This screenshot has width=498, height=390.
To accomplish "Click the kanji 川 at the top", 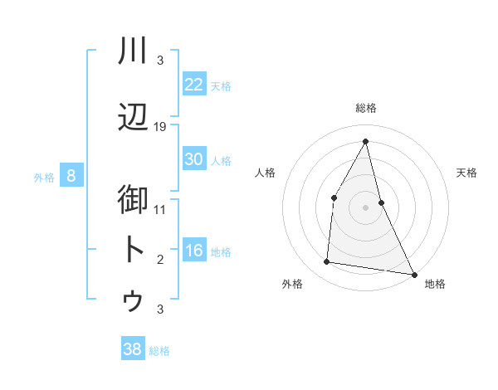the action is [133, 51].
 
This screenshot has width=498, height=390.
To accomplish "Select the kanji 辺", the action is [133, 119].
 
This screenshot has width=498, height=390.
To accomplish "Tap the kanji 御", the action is [133, 200].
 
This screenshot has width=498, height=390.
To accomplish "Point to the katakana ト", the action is [133, 250].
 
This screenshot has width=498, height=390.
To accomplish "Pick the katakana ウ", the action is [133, 300].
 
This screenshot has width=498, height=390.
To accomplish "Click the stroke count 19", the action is [160, 127].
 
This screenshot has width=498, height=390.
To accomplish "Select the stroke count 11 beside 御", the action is [160, 209].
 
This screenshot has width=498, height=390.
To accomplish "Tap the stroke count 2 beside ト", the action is [160, 260].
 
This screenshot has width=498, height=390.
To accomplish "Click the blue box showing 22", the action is [194, 85].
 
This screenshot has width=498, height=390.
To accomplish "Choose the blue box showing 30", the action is [194, 159].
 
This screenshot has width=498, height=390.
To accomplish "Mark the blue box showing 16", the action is [194, 251].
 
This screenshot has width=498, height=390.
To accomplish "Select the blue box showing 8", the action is [71, 176].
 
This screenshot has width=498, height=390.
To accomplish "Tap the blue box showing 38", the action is [133, 350].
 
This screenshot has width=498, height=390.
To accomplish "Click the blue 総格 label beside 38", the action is [160, 351].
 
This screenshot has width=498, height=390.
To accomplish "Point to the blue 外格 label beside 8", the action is [44, 177].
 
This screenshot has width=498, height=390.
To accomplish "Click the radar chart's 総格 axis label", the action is [366, 108].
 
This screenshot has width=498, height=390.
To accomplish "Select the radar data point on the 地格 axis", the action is [413, 273].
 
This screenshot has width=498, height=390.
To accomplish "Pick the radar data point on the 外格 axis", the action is [327, 262].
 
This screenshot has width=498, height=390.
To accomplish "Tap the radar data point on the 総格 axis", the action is [366, 141].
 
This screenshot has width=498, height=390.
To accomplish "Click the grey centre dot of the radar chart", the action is [366, 207].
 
